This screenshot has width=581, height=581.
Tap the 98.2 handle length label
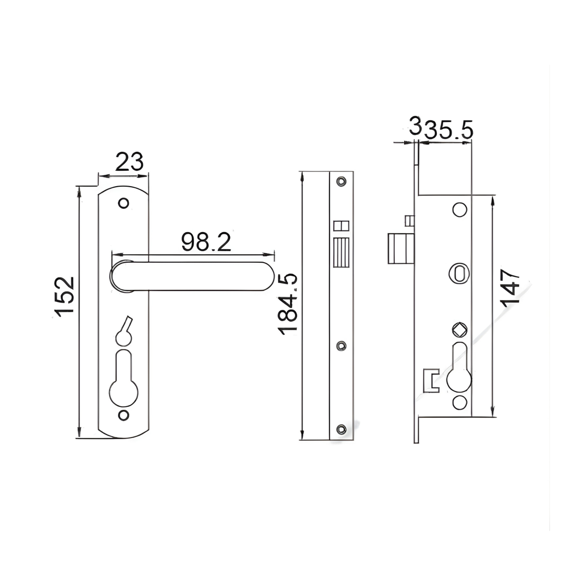pos(206,242)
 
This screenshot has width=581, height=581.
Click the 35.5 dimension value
pos(449,130)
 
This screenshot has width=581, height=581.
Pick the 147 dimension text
pos(511,288)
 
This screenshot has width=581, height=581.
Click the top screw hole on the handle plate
pos(124,203)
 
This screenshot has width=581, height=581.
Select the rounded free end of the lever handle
pos(264,276)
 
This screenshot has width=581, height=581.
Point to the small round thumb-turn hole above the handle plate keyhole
pos(123,338)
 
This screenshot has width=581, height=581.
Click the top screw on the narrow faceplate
pos(340,182)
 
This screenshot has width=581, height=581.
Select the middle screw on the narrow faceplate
pos(340,345)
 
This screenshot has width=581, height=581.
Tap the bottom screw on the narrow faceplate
pos(340,430)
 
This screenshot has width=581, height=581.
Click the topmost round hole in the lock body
pos(459,209)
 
